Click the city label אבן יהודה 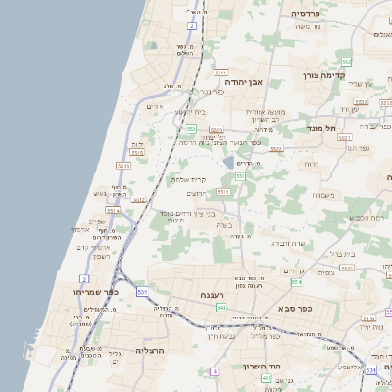click(x=241, y=81)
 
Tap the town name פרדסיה click(x=314, y=14)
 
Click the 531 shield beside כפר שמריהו click(x=143, y=292)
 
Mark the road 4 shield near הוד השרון click(x=214, y=372)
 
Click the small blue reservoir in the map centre click(x=228, y=163)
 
